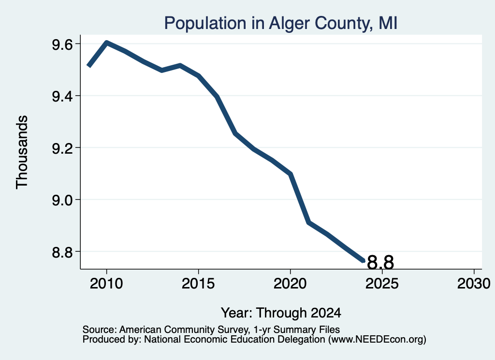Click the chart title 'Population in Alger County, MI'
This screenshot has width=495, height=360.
281,23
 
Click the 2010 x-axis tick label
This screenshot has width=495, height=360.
106,284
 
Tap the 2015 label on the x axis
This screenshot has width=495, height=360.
198,284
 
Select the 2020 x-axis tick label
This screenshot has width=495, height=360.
290,284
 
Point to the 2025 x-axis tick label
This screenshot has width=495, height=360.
382,284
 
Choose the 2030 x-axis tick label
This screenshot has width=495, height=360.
474,284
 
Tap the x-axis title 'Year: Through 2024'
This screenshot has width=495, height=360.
281,313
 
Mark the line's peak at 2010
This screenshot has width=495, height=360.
107,43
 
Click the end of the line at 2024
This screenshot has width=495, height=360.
364,261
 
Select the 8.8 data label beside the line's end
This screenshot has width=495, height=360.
381,262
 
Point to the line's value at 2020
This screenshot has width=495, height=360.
291,174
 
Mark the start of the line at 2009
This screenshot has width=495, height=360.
88,66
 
